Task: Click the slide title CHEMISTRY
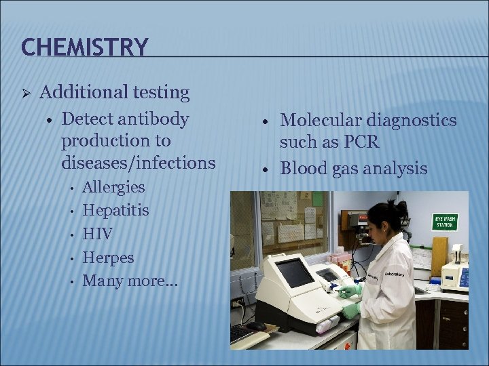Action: [x=84, y=47]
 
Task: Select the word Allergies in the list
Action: [x=113, y=186]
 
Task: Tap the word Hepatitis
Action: [x=115, y=210]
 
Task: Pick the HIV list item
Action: [x=97, y=234]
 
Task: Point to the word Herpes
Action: [x=108, y=258]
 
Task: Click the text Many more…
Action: [x=130, y=281]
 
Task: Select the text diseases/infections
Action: [x=138, y=163]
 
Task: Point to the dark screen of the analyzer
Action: [x=295, y=272]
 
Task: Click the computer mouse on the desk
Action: [x=257, y=326]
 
